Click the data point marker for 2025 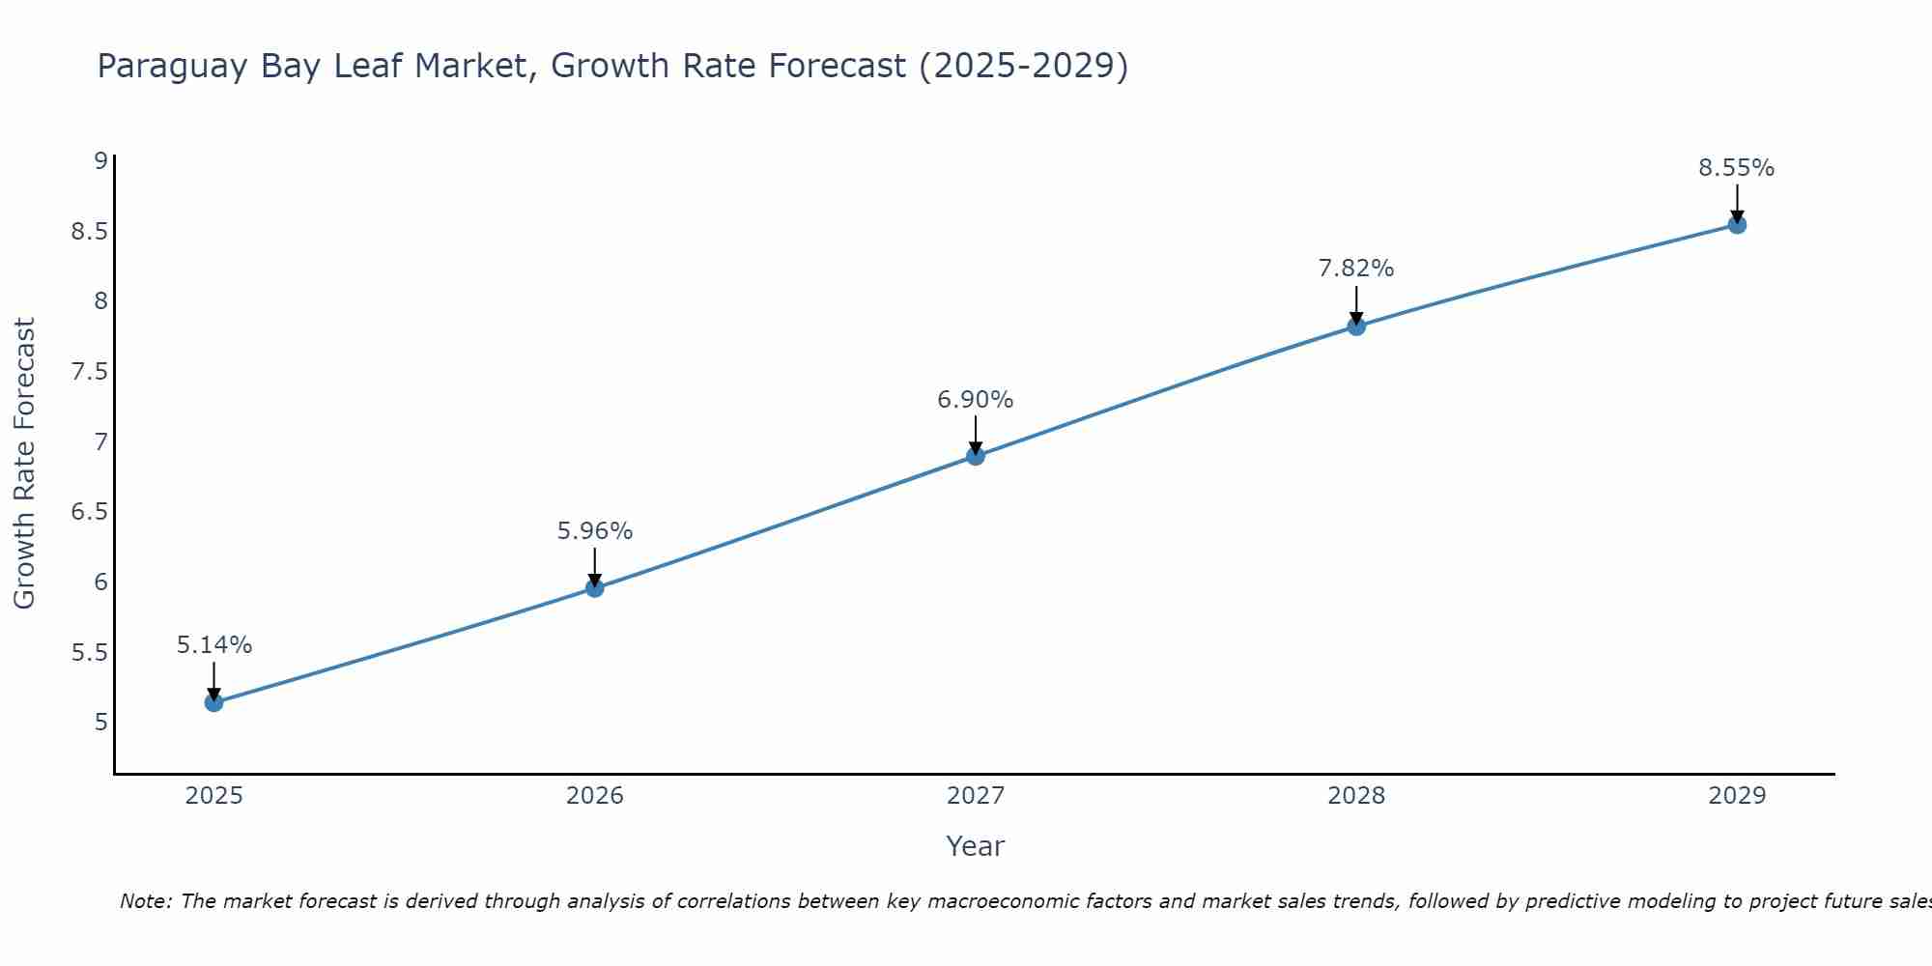click(214, 702)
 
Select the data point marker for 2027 click(976, 456)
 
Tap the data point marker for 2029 click(1737, 225)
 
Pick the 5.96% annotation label click(595, 531)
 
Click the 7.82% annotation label click(1356, 269)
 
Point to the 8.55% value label click(1737, 168)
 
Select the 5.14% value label click(214, 645)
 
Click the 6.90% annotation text click(976, 400)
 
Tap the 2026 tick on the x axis click(595, 796)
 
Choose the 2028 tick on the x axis click(1356, 796)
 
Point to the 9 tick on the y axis click(100, 161)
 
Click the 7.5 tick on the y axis click(90, 372)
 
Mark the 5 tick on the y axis click(100, 723)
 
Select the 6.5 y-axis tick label click(90, 512)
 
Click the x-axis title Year click(976, 846)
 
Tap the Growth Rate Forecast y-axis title click(24, 464)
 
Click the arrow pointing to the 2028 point click(1356, 306)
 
